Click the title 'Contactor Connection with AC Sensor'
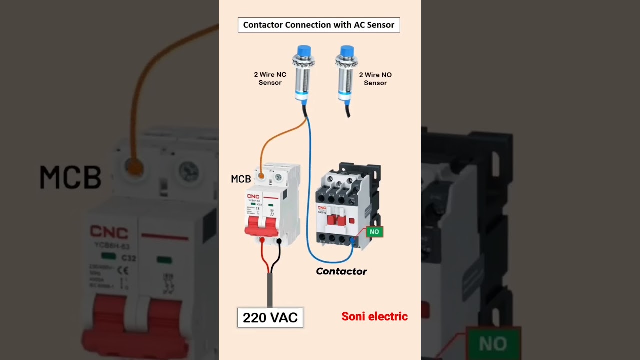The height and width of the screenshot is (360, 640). coord(319,25)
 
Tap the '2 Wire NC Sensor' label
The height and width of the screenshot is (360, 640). coord(270,79)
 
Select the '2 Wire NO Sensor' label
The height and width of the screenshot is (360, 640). coord(375,79)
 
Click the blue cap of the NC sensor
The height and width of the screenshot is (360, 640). coord(303,52)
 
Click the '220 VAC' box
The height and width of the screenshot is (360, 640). coord(270,317)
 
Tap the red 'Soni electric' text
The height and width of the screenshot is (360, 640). coord(374,316)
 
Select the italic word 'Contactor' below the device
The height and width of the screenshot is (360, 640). coord(341,271)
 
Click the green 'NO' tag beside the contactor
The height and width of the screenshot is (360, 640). coord(374,232)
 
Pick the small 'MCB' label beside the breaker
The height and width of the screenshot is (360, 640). coord(241,179)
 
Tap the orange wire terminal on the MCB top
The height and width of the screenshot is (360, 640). coord(260,176)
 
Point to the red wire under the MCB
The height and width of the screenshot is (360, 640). coord(263,257)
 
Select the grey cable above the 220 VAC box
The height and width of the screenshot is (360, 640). coord(270,290)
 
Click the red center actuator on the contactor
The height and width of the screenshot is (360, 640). coord(338,220)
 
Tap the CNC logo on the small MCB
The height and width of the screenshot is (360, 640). coord(253,196)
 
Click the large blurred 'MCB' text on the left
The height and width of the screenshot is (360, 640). coord(70,177)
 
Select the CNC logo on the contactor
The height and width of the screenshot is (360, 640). coord(322,207)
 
